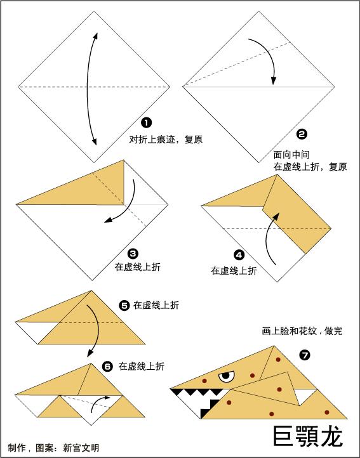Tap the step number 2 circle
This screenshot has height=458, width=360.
point(302,134)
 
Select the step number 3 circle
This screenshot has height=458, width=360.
point(133,253)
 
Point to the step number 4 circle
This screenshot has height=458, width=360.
point(239,255)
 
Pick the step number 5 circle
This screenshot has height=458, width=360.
point(124,305)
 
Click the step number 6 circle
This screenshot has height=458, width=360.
point(107,366)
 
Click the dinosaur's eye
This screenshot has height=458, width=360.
point(225,377)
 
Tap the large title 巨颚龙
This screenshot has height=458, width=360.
point(307,436)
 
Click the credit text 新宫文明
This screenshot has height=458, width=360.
point(81,447)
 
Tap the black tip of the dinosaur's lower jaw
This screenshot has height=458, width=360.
point(204,414)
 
